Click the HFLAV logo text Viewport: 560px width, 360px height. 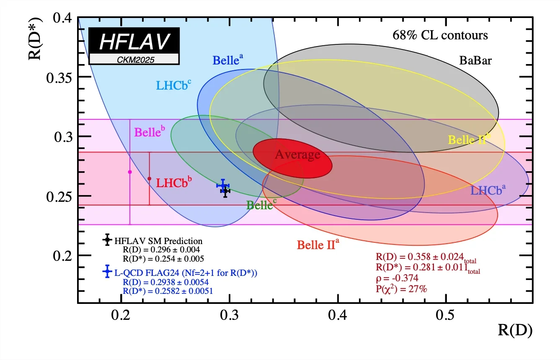click(134, 41)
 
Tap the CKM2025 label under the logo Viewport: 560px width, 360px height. click(134, 59)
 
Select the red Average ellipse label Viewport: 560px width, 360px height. click(297, 155)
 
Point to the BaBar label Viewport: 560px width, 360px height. click(475, 61)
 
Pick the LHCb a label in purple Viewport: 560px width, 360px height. click(488, 190)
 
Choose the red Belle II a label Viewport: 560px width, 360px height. click(317, 244)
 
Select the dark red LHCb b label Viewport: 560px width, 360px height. click(174, 183)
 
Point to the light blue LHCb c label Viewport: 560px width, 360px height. click(174, 85)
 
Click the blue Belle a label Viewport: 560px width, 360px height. click(228, 60)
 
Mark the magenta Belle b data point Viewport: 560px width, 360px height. click(130, 172)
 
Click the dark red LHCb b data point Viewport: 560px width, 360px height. click(150, 179)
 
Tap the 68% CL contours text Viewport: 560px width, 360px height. click(440, 36)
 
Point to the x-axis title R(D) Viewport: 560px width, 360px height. click(515, 330)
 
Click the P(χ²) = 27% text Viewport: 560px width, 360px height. click(401, 288)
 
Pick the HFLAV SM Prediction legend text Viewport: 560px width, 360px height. click(158, 241)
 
